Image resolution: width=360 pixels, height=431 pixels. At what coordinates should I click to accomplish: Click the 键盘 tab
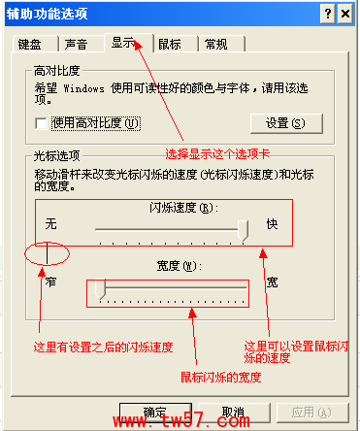(30, 45)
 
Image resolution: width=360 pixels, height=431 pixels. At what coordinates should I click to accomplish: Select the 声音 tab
(76, 45)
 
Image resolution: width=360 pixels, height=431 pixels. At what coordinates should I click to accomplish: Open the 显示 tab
(123, 43)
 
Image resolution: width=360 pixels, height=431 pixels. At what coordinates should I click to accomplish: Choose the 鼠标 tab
(170, 45)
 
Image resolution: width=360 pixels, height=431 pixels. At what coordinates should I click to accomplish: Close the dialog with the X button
(346, 12)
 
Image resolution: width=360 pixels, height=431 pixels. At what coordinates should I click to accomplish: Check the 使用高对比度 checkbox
(40, 123)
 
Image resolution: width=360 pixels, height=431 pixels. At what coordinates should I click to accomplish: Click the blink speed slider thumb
(244, 228)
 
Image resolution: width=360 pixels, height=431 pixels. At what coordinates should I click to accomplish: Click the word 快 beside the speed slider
(273, 224)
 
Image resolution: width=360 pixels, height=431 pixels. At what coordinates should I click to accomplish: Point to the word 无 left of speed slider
(50, 224)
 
